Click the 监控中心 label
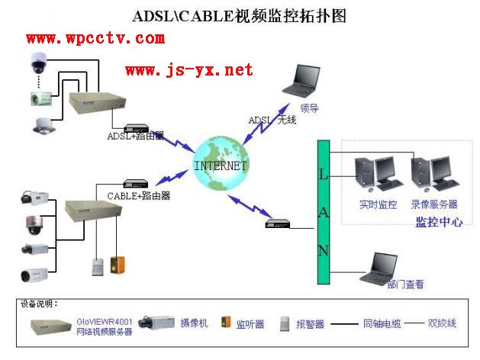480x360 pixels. [438, 222]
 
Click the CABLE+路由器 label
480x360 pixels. [139, 195]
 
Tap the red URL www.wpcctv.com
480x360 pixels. [95, 37]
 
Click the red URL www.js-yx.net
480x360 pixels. [188, 70]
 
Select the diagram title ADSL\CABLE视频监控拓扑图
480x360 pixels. [239, 15]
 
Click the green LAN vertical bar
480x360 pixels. [323, 213]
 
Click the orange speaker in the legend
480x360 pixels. [226, 323]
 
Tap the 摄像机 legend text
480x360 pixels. [193, 323]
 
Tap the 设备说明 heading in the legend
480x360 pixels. [39, 304]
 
